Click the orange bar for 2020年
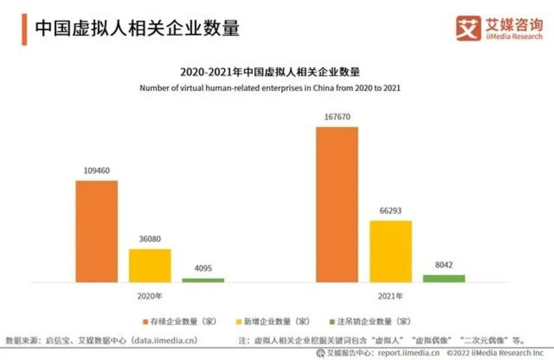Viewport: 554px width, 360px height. (97, 231)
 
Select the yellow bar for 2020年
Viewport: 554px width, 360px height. (150, 265)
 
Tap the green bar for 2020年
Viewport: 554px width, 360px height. (203, 280)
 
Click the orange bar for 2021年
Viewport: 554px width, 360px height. (337, 205)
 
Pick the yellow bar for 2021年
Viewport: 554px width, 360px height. (391, 251)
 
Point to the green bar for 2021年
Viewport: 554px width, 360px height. (444, 279)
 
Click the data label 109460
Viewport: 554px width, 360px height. (97, 171)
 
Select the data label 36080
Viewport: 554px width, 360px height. (150, 239)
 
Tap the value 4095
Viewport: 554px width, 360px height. (203, 268)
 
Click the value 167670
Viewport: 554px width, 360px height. (337, 117)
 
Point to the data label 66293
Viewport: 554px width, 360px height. (391, 210)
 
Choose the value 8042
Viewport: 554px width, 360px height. (444, 265)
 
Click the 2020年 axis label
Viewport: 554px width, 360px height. (150, 296)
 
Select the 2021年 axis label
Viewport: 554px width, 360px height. (390, 296)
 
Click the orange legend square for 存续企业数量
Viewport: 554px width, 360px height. (145, 322)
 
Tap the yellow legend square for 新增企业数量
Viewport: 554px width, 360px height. (239, 322)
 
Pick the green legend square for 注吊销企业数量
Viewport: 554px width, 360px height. (332, 322)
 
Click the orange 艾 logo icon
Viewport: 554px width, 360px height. (468, 28)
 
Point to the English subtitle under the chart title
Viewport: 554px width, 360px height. (270, 88)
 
